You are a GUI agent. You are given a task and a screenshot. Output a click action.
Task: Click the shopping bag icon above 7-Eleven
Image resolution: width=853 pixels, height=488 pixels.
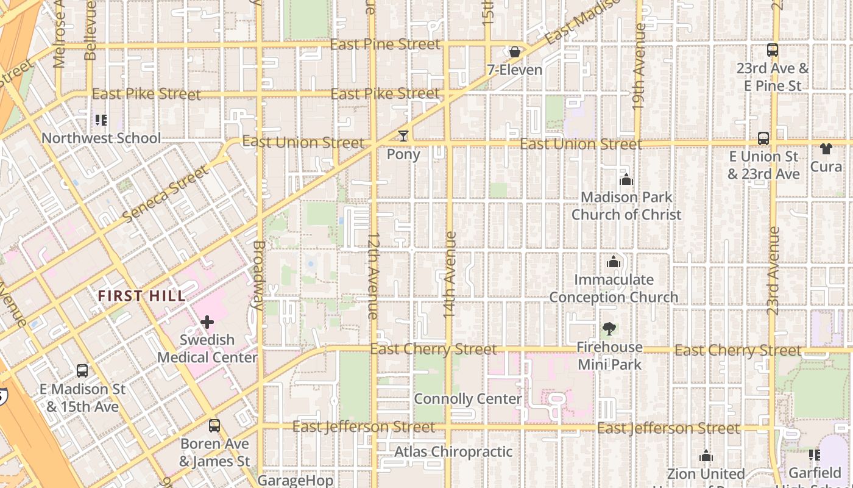tap(515, 52)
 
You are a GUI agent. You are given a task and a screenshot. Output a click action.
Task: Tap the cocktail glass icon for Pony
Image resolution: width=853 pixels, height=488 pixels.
tap(403, 135)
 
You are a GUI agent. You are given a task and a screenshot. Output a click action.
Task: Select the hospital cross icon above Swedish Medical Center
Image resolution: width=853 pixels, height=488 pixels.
tap(207, 321)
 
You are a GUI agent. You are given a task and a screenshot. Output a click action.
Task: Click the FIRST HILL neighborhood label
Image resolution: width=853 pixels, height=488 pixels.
tap(142, 296)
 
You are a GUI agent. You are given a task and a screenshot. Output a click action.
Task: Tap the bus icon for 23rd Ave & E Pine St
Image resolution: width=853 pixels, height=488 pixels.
tap(773, 50)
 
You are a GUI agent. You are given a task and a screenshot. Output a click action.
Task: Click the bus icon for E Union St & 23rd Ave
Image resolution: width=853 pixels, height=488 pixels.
tap(763, 138)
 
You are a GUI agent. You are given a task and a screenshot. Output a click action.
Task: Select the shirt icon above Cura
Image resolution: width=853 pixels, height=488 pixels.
tap(826, 148)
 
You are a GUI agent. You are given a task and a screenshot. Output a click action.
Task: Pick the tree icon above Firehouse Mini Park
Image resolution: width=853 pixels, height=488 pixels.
tap(609, 329)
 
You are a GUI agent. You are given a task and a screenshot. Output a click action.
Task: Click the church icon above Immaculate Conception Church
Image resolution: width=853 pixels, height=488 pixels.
tap(614, 262)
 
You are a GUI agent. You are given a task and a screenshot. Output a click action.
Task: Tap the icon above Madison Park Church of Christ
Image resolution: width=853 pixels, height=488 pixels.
tap(626, 179)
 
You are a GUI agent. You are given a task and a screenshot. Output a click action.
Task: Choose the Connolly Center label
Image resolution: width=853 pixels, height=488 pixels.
tap(467, 399)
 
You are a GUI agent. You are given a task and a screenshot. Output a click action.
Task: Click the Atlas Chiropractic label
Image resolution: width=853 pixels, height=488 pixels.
tap(453, 452)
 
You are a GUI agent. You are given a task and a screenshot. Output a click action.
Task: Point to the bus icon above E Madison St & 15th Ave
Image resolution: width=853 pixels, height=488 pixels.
tap(82, 370)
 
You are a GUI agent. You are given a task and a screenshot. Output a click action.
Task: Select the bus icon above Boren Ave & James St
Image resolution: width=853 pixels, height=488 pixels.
tap(214, 425)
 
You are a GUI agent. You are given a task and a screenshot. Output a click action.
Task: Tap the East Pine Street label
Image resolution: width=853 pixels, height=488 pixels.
tap(384, 45)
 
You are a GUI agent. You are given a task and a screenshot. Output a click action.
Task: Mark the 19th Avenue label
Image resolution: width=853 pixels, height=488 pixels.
tap(639, 67)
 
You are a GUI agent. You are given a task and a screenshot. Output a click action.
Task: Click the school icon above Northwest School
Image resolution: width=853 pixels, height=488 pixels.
tap(101, 120)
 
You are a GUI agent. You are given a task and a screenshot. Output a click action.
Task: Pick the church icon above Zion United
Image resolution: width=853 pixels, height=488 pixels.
tap(706, 456)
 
